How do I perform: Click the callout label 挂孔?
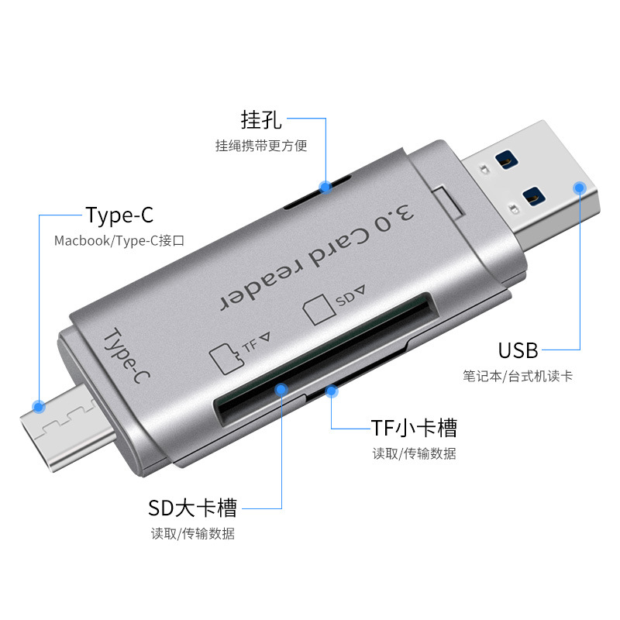pyautogui.click(x=260, y=120)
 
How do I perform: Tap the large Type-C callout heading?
pyautogui.click(x=119, y=215)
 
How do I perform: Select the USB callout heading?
pyautogui.click(x=518, y=350)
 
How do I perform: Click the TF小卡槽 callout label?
pyautogui.click(x=414, y=427)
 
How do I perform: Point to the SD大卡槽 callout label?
pyautogui.click(x=192, y=508)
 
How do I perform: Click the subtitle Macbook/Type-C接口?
pyautogui.click(x=119, y=241)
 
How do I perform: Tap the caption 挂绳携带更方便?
pyautogui.click(x=260, y=146)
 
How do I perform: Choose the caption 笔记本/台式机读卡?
pyautogui.click(x=518, y=376)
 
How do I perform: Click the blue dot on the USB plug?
pyautogui.click(x=579, y=187)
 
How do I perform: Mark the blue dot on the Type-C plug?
pyautogui.click(x=38, y=405)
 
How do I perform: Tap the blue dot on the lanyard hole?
pyautogui.click(x=325, y=187)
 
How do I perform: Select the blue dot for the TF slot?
pyautogui.click(x=332, y=391)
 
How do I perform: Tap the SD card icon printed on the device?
pyautogui.click(x=316, y=310)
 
